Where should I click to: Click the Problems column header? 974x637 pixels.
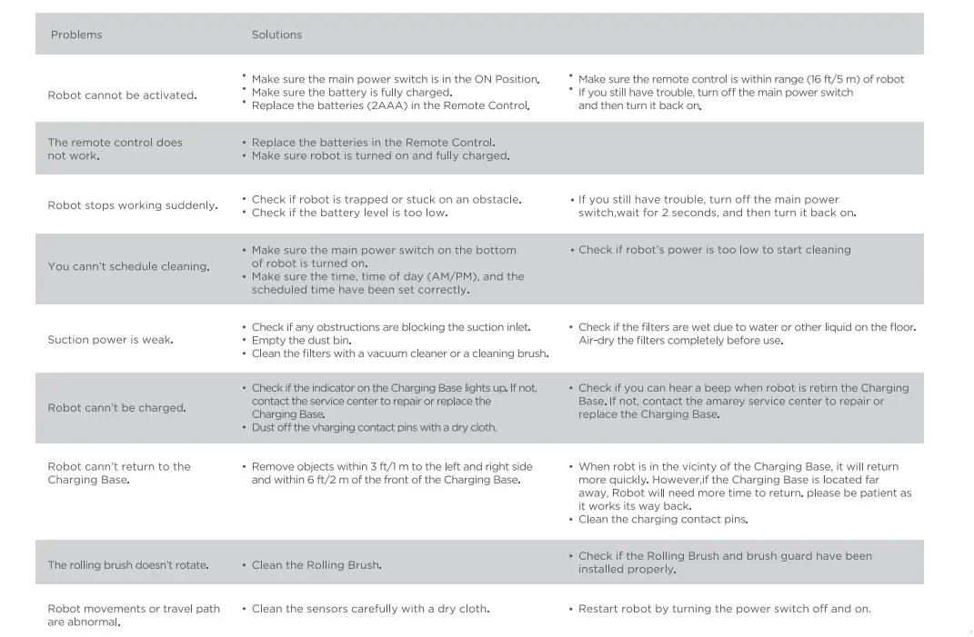[76, 35]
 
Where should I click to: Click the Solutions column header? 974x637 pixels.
[276, 35]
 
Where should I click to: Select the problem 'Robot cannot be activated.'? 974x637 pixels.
[122, 95]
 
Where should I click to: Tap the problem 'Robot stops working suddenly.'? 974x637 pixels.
[133, 205]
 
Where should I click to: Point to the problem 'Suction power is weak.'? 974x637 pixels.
[110, 340]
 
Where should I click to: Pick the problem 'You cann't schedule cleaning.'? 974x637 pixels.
[128, 266]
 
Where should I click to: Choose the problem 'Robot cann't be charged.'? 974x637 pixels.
[116, 408]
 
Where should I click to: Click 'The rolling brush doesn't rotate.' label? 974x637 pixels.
[128, 565]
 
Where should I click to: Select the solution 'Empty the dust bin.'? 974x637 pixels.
[301, 340]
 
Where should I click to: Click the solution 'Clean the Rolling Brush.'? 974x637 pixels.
[316, 565]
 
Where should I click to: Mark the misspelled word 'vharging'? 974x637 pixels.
[333, 427]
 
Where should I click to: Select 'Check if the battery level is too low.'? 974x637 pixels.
[349, 213]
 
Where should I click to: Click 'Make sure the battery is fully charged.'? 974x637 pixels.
[352, 93]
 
